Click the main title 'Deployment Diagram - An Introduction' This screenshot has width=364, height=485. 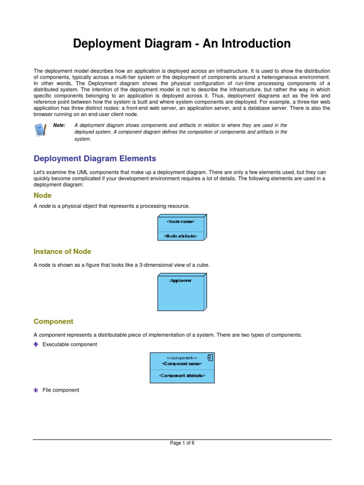click(182, 44)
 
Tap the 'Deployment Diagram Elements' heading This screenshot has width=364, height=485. click(94, 159)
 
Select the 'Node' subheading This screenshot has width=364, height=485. click(43, 196)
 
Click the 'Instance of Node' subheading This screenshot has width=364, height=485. click(62, 251)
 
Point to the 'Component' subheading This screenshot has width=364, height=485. click(53, 322)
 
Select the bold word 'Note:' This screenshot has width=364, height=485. click(59, 126)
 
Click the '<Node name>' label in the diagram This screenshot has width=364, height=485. click(180, 221)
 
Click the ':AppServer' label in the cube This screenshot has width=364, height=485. click(180, 281)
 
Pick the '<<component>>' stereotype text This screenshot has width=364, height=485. click(182, 358)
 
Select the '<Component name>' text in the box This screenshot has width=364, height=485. click(182, 364)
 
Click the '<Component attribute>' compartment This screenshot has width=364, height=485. click(182, 376)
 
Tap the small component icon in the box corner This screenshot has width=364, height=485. click(209, 358)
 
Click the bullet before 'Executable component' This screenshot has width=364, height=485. click(36, 345)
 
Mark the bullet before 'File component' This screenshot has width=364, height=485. click(36, 390)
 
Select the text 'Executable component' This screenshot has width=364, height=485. click(70, 345)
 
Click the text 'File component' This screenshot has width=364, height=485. click(61, 390)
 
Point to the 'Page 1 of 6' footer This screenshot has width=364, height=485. click(182, 443)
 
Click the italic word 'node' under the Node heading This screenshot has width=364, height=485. click(45, 206)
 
